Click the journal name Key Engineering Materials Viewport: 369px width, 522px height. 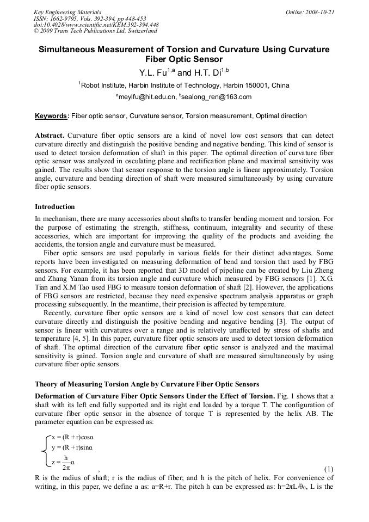coord(67,12)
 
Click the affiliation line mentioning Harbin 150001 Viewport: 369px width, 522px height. coord(184,85)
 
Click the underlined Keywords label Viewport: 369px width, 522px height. coord(52,116)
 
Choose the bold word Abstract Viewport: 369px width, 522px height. coord(50,135)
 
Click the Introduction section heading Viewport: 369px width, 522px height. coord(55,207)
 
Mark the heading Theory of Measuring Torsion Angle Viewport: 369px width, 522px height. coord(147,384)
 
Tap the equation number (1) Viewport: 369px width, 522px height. coord(328,469)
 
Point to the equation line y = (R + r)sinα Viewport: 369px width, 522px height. coord(72,447)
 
